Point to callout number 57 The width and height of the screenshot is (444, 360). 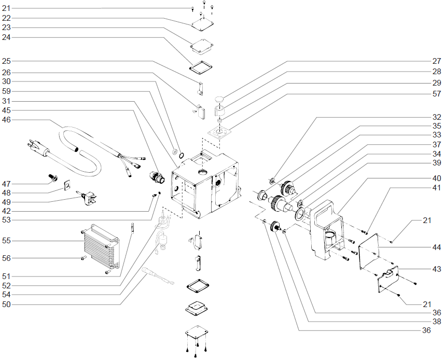pyautogui.click(x=437, y=94)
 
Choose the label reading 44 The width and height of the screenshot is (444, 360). pyautogui.click(x=437, y=248)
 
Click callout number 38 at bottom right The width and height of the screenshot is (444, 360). pyautogui.click(x=437, y=321)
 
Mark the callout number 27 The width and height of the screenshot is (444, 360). pyautogui.click(x=437, y=61)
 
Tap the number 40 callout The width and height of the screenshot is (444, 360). pyautogui.click(x=437, y=178)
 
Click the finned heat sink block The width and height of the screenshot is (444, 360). pyautogui.click(x=100, y=245)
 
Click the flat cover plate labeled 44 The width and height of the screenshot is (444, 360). pyautogui.click(x=373, y=250)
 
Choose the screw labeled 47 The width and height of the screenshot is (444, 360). pyautogui.click(x=52, y=177)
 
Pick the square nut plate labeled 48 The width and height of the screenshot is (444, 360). pyautogui.click(x=66, y=186)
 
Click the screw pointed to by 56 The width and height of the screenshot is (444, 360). pyautogui.click(x=83, y=258)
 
